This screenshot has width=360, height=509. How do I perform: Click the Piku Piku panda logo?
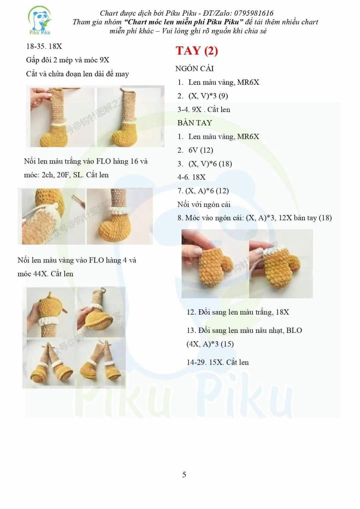click(x=40, y=21)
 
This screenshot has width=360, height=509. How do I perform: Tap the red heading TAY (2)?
click(x=197, y=51)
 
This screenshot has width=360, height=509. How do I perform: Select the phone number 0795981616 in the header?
click(x=254, y=13)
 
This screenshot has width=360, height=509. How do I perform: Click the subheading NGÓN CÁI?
click(x=194, y=69)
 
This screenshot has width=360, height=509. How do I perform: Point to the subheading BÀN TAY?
click(x=194, y=123)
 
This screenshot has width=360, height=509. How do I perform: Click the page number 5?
click(x=184, y=475)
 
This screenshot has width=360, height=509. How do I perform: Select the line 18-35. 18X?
click(x=44, y=46)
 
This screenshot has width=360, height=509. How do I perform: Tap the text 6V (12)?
click(x=201, y=150)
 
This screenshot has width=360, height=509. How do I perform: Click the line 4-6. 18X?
click(x=191, y=177)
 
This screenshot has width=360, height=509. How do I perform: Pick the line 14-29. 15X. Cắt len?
click(x=217, y=362)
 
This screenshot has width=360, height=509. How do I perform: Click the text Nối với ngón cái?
click(x=204, y=204)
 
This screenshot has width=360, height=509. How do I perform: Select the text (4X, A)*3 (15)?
click(x=210, y=344)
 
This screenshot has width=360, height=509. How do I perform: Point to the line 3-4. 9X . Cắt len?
click(x=204, y=109)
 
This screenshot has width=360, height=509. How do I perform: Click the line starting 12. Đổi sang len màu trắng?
click(x=238, y=312)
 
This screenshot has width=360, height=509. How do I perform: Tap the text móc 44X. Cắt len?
click(x=45, y=274)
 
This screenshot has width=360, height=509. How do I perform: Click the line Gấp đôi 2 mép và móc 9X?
click(x=68, y=60)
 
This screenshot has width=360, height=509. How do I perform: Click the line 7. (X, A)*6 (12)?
click(x=203, y=191)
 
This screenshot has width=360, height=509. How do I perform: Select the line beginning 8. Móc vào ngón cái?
click(x=254, y=218)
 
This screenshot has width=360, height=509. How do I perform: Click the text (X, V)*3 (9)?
click(x=208, y=96)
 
